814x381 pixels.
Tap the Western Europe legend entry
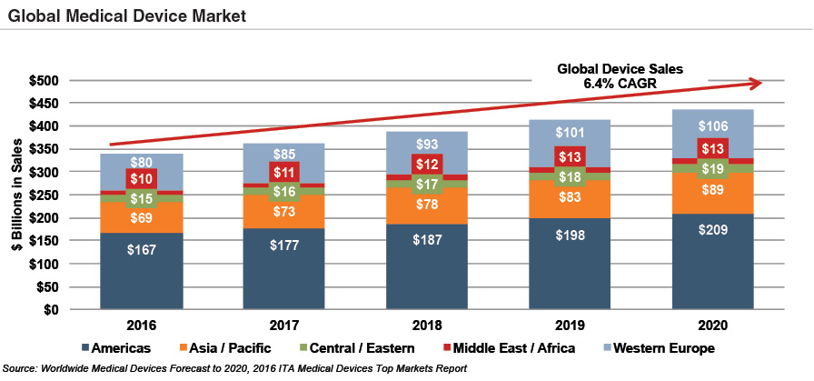point(662,348)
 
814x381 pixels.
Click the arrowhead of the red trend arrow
point(755,83)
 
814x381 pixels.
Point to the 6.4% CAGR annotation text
point(620,83)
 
